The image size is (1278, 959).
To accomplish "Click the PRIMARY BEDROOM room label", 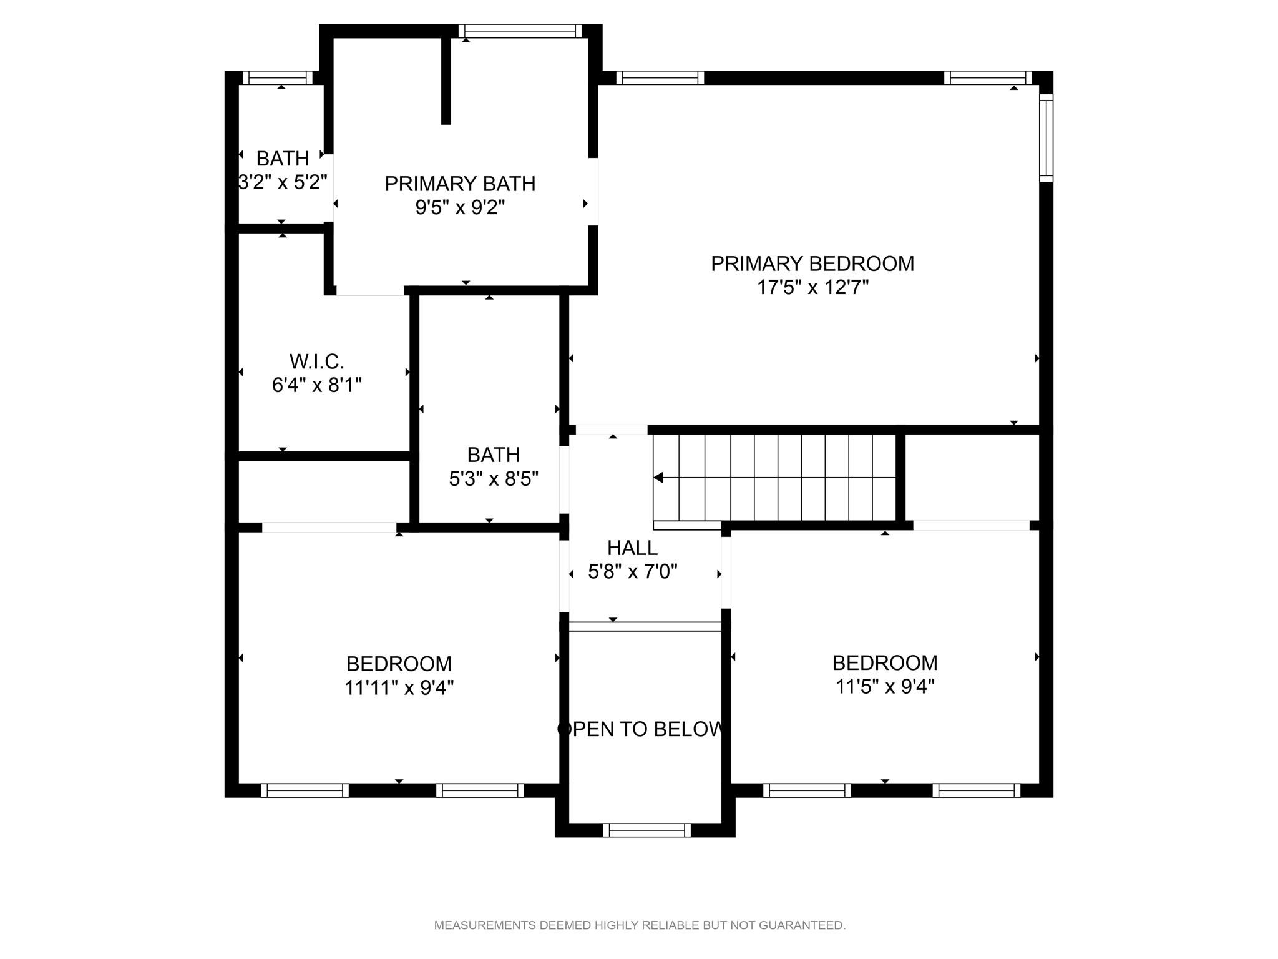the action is (x=812, y=263).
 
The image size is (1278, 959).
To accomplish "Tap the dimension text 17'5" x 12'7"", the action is (x=812, y=287).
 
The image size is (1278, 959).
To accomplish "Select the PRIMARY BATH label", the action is (x=460, y=184).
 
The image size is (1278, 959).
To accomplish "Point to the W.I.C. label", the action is (x=317, y=361).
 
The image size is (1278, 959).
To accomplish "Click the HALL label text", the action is (x=632, y=548).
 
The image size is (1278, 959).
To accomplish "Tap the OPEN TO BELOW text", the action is (x=641, y=729).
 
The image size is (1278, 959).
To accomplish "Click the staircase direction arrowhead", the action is (x=658, y=478).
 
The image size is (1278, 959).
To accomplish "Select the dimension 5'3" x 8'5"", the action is (x=494, y=479).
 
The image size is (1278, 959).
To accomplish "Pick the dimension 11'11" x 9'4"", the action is (x=399, y=687).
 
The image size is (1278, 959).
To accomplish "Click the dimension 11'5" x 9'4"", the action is (x=885, y=687).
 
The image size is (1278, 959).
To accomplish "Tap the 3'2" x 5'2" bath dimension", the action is (x=283, y=182).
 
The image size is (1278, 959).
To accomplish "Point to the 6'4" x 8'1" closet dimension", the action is (x=317, y=385).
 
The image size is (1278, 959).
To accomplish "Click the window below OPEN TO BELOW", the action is (x=647, y=830).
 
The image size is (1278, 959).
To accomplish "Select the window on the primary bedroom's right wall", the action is (x=1046, y=138).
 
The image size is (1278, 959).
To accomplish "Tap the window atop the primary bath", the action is (x=520, y=31).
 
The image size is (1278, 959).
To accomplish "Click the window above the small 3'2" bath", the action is (x=278, y=77).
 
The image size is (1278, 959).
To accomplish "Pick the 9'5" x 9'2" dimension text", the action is (x=460, y=207).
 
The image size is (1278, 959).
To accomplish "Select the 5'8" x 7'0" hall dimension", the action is (x=633, y=571).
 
